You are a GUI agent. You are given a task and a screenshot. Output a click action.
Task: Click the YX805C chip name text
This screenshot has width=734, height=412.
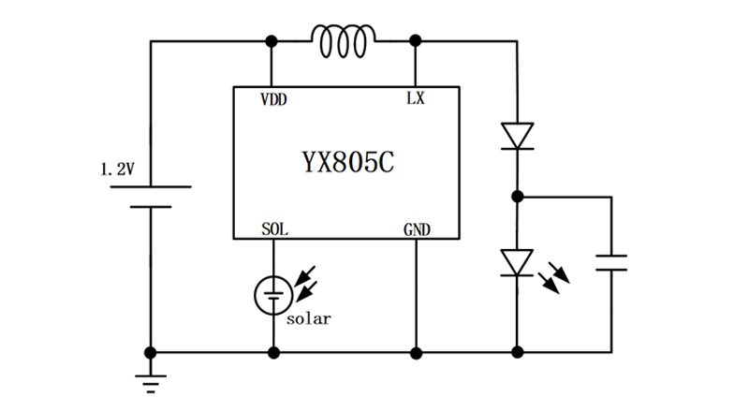pos(347,162)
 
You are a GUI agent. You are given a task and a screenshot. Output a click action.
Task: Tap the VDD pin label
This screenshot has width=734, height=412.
pos(273,98)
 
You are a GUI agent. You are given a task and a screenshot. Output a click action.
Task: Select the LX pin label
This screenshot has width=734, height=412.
pos(415,98)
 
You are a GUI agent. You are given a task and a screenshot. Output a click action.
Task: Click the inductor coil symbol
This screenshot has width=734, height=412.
pos(344,41)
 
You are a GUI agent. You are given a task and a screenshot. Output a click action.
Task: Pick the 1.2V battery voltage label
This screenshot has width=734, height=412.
pos(117,170)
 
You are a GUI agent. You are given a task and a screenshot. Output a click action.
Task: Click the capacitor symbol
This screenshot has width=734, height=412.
pos(612,261)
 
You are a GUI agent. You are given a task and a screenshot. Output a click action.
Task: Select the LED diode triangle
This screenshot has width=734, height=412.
pos(517,262)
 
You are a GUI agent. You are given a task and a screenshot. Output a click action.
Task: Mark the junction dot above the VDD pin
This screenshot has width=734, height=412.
pos(272,41)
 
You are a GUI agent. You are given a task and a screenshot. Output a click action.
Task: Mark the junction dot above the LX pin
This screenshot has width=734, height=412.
pos(415,41)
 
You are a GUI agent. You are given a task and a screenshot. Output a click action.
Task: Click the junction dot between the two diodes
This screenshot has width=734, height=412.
pos(517,197)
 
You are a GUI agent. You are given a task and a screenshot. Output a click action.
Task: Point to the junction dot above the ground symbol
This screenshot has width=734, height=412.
pos(150,353)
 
